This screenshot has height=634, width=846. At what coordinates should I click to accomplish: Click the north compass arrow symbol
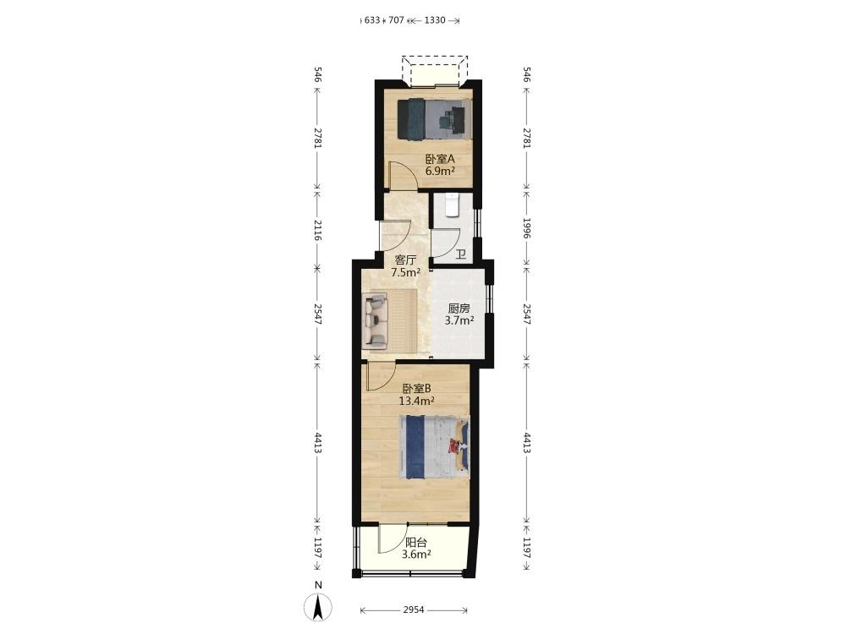pos(318,607)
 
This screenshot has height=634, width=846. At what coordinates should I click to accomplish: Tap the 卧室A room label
pos(440,160)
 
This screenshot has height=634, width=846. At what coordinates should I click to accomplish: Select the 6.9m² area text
pos(440,172)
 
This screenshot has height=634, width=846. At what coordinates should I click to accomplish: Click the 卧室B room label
pos(416,389)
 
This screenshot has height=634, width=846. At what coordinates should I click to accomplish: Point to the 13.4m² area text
pos(416,401)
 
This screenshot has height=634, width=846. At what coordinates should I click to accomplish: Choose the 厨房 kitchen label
pos(459,309)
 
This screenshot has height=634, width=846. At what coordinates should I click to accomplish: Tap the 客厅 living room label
pos(406,260)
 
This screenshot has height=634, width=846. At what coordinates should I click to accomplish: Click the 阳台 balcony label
pos(416,543)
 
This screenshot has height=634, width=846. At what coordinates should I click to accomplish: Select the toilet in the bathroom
pos(452,205)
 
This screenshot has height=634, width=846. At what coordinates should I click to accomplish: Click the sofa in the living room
pos(376,319)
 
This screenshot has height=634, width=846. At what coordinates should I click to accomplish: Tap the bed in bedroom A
pos(434,118)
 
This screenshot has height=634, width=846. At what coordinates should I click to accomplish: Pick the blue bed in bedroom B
pos(434,447)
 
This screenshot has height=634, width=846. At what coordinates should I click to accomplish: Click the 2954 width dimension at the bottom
pos(414,610)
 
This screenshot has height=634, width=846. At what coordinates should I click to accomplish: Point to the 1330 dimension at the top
pos(435,20)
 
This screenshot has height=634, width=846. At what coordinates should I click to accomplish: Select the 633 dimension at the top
pos(372,20)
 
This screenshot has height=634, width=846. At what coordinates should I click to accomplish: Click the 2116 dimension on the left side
pos(317,230)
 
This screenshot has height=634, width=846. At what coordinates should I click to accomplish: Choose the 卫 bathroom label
pos(461,254)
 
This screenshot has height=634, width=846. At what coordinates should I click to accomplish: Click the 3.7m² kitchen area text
pos(459,320)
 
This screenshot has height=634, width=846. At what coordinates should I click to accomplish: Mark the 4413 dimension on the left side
pos(317,442)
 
